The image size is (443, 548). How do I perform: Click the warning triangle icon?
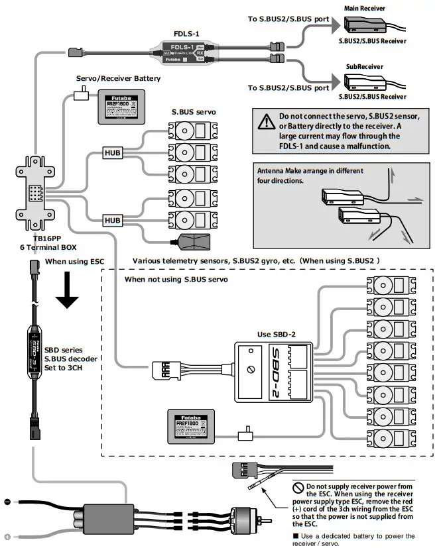point(267,121)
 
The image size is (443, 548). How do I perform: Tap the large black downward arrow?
point(68,292)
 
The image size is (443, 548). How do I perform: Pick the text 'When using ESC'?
point(74,261)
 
